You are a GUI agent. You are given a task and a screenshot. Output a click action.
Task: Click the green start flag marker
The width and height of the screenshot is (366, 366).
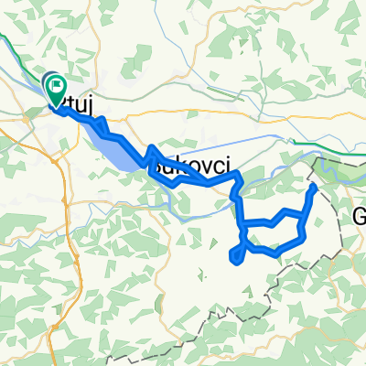click(56, 90)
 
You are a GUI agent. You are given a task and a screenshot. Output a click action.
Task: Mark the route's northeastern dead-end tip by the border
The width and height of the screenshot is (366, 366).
click(314, 187)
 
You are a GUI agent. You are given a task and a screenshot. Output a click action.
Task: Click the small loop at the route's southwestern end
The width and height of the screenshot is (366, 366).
click(238, 253)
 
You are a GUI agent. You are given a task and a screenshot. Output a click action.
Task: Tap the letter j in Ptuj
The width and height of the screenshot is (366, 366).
click(85, 108)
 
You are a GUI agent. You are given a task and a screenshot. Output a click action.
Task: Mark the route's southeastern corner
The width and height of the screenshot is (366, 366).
click(301, 236)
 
